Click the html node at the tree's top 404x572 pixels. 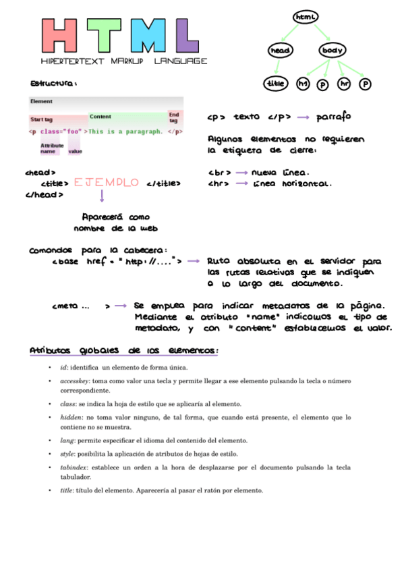click(306, 16)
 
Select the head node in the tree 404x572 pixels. click(279, 51)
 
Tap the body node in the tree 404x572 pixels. click(332, 51)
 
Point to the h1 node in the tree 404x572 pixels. click(303, 84)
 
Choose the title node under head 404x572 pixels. click(275, 84)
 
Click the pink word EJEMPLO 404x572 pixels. click(107, 183)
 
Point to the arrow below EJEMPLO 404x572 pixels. click(102, 196)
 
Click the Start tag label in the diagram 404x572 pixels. click(41, 119)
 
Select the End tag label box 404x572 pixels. click(174, 117)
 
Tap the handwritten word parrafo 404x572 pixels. click(333, 117)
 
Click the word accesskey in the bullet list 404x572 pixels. click(74, 381)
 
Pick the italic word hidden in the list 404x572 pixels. click(70, 418)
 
